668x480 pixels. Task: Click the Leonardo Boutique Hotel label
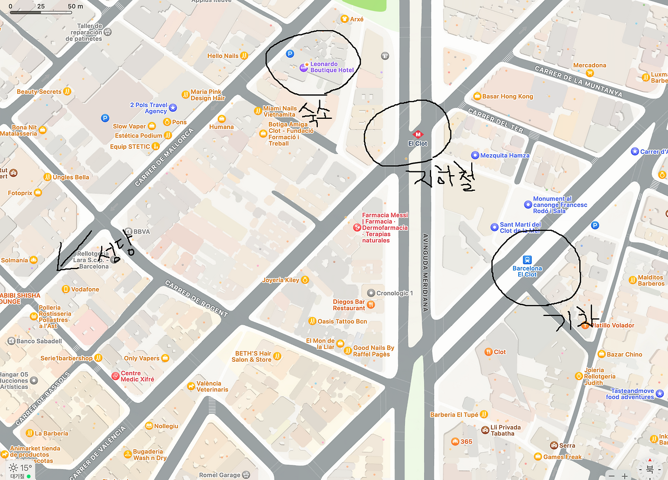332,67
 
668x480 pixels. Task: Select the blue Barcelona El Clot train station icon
527,260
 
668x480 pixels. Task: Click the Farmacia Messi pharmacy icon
357,227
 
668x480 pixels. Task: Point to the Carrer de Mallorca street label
164,157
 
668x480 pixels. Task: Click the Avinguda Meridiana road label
425,272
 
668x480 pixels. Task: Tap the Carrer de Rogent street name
196,298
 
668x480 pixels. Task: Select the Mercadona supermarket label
590,65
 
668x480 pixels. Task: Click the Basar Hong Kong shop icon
476,96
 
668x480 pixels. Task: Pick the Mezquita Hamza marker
475,155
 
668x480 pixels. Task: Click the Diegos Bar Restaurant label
349,305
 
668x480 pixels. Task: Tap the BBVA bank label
141,231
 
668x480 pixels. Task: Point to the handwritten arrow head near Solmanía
59,268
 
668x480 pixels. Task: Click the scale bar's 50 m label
75,6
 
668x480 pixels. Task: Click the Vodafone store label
85,289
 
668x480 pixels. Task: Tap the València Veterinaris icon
191,386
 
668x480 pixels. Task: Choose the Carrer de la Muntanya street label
578,81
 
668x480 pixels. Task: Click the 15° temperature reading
26,467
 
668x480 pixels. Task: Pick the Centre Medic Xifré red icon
115,376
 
